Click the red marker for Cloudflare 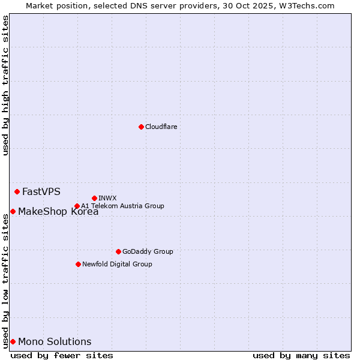tap(141, 127)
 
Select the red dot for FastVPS tap(17, 191)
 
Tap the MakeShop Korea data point tap(13, 211)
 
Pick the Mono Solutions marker tap(13, 341)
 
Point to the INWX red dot tap(95, 198)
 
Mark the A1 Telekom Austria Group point tap(77, 206)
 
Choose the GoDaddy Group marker tap(118, 251)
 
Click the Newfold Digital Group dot tap(78, 264)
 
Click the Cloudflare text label tap(161, 127)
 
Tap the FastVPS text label tap(41, 192)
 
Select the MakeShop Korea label tap(58, 211)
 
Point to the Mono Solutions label tap(55, 342)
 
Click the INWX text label tap(107, 198)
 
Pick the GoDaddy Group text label tap(148, 251)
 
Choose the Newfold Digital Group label tap(117, 264)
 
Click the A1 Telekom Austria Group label tap(122, 206)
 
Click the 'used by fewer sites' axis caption tap(62, 355)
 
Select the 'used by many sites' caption tap(301, 355)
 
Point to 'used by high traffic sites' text tap(5, 85)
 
